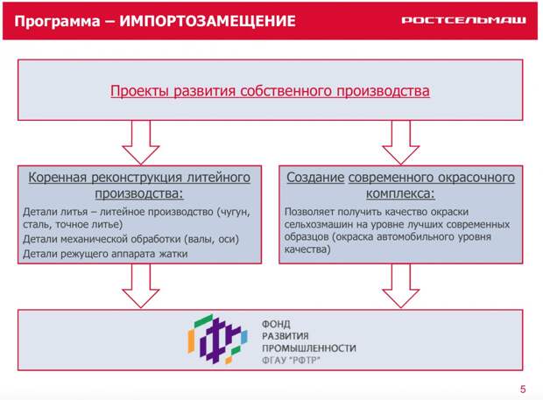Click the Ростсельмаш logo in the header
coord(463,20)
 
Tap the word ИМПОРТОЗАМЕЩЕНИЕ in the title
coord(208,21)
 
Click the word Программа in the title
coord(57,22)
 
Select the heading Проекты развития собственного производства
coord(270,91)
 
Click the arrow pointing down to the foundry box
coord(141,142)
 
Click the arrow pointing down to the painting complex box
coord(401,142)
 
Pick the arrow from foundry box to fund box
coord(141,286)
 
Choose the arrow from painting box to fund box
coord(401,286)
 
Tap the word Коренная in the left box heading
coord(57,178)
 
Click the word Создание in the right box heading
coord(315,178)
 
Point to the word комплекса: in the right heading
coord(400,193)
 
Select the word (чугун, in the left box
coord(234,212)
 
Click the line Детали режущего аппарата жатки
coord(105,254)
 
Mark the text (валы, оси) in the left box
coord(211,239)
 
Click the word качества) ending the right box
coord(307,249)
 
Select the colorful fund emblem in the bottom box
coord(218,339)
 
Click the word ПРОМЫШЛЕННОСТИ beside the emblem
coord(309,348)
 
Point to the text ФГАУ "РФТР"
coord(291,361)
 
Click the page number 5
coord(523,389)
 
